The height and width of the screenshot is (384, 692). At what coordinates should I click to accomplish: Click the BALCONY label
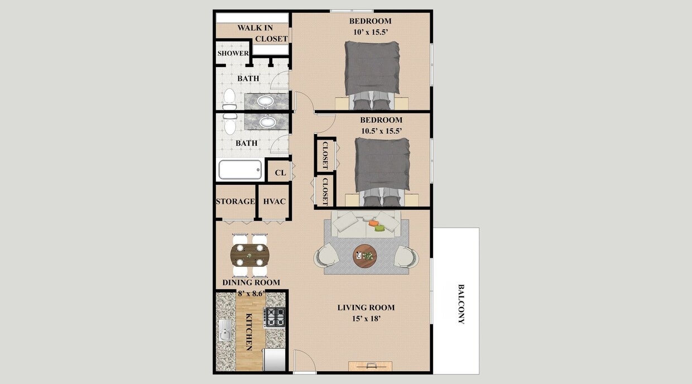pos(461,304)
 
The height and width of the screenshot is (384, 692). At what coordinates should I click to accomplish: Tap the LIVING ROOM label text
pos(366,308)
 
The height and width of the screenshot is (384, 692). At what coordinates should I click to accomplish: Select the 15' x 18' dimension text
pos(366,319)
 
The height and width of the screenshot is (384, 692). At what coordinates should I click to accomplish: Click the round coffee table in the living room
pos(365,256)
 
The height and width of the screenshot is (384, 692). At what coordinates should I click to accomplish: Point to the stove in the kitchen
pos(275,318)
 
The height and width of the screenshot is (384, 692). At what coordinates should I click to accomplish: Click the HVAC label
pos(275,201)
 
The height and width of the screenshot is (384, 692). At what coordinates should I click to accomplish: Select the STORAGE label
pos(236,201)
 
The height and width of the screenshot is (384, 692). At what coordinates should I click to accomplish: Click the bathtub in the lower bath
pos(240,170)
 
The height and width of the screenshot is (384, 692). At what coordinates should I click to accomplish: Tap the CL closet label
pos(280,173)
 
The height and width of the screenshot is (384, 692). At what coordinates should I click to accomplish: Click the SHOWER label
pos(233,54)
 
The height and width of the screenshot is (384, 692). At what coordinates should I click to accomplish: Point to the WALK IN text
pos(255,28)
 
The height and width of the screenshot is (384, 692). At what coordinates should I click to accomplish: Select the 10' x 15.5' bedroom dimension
pos(370,32)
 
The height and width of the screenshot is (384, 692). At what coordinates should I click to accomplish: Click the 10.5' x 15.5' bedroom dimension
pos(381,131)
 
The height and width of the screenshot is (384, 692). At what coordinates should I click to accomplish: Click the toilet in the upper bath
pos(229,99)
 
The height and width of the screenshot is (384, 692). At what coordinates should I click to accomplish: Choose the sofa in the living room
pos(366,223)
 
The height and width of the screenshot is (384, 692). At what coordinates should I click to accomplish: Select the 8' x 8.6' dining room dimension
pos(251,293)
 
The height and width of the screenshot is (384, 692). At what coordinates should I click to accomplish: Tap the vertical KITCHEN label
pos(249,332)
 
